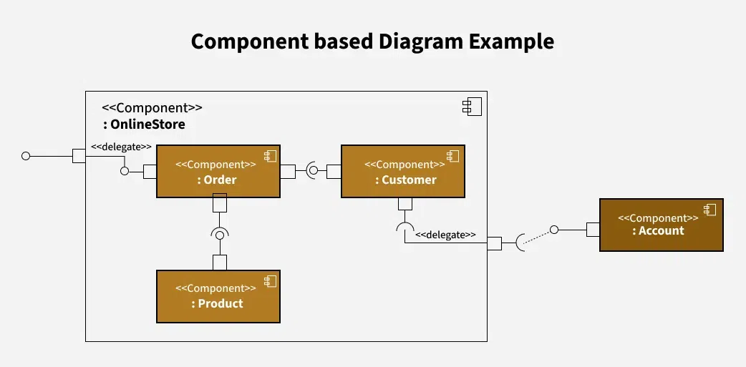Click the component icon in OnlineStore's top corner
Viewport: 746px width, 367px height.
point(472,107)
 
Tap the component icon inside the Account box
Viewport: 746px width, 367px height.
point(709,210)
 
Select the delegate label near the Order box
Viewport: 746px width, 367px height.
point(121,147)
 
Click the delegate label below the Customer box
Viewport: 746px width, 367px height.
point(445,234)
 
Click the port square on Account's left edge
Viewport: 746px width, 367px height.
point(593,230)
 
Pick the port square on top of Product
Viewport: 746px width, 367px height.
point(220,263)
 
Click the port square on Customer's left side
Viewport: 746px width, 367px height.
point(334,171)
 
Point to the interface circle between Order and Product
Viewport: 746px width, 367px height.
point(220,234)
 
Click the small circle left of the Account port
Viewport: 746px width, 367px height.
point(553,230)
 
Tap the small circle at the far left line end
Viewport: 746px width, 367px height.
point(26,155)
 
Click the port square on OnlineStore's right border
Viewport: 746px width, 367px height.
point(494,243)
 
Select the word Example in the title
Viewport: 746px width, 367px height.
point(511,41)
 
